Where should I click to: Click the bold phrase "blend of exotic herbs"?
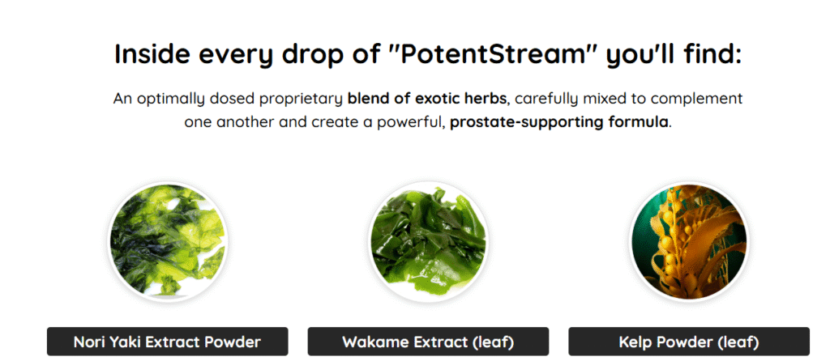tap(426, 98)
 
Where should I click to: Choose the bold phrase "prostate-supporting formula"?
tap(559, 123)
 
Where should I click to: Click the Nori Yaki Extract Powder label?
tap(167, 342)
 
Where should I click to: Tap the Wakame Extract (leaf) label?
tap(428, 342)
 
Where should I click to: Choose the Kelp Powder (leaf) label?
tap(689, 342)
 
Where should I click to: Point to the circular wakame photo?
tap(428, 241)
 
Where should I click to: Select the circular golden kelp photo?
tap(689, 241)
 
